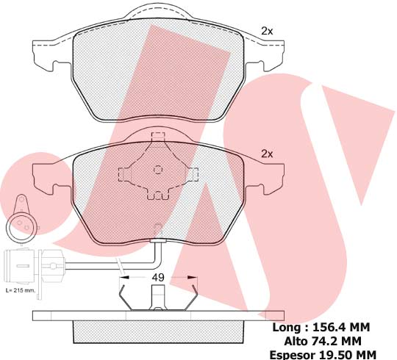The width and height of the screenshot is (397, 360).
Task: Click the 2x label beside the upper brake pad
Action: [267, 31]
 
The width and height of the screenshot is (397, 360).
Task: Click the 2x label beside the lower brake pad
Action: [267, 154]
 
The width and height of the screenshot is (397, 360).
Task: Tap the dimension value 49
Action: [158, 278]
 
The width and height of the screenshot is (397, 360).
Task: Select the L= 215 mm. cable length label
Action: [21, 290]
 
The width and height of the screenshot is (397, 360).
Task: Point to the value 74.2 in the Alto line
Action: [325, 342]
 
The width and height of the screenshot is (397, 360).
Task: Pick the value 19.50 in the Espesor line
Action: [333, 355]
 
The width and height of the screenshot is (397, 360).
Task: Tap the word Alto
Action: [296, 342]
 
